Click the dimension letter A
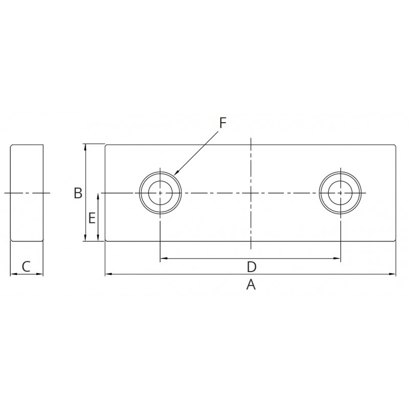point(251,285)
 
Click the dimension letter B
point(78,193)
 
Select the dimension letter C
point(26,266)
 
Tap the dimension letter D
point(252,267)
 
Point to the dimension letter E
point(92,218)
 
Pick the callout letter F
point(222,123)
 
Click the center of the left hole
point(160,193)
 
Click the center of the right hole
point(340,193)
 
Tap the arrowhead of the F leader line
point(175,173)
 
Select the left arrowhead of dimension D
point(163,259)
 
